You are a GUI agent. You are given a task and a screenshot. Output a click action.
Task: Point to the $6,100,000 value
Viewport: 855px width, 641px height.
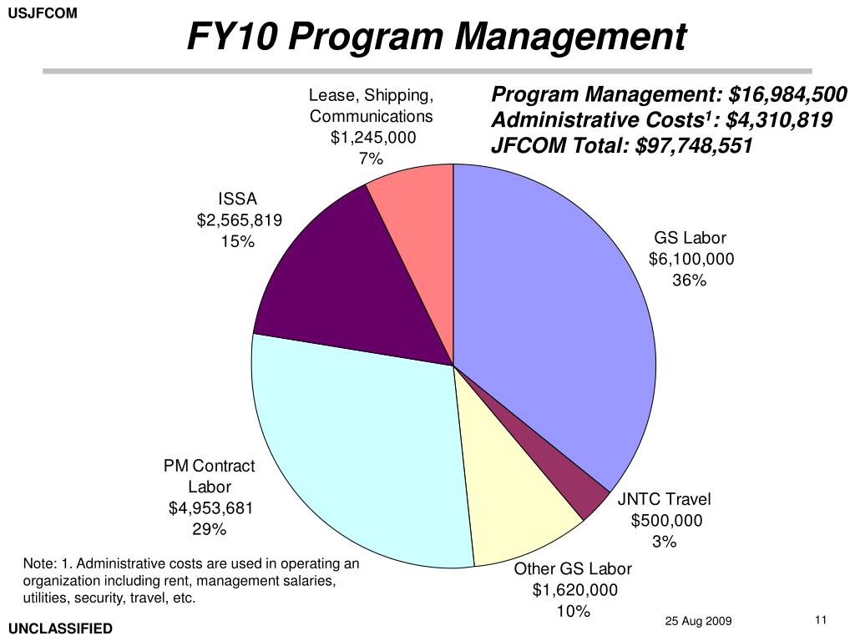(691, 259)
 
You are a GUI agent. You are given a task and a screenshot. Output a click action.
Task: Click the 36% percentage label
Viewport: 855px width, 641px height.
(690, 280)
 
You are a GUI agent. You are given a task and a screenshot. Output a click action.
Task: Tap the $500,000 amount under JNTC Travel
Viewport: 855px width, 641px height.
(666, 521)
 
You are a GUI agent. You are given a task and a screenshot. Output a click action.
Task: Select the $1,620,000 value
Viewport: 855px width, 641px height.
(574, 590)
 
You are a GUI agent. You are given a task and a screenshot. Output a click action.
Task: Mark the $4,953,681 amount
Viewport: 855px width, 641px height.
(210, 508)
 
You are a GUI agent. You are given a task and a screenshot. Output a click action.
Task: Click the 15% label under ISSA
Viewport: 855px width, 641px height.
(238, 242)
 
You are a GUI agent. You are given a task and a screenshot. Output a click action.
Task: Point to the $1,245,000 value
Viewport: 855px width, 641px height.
(372, 137)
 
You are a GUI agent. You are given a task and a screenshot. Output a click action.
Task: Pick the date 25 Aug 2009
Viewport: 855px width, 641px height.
(698, 621)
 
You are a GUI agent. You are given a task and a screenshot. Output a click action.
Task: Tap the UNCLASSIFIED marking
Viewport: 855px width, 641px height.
(60, 628)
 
